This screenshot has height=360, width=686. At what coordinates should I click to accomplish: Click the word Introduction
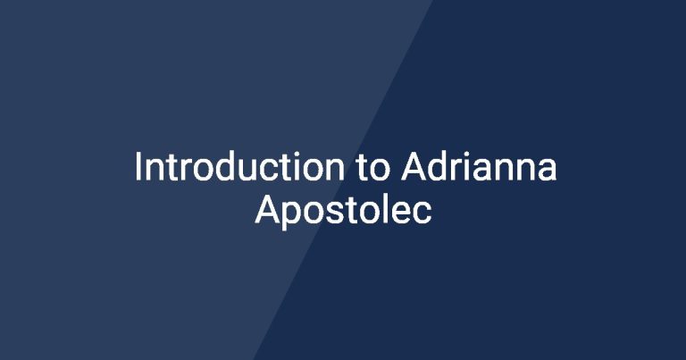pyautogui.click(x=239, y=166)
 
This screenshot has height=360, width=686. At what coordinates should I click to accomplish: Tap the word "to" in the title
pyautogui.click(x=372, y=169)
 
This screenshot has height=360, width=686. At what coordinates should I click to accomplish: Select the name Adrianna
pyautogui.click(x=479, y=166)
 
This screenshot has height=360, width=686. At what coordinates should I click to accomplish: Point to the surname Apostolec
pyautogui.click(x=343, y=211)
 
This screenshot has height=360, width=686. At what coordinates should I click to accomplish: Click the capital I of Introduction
pyautogui.click(x=138, y=166)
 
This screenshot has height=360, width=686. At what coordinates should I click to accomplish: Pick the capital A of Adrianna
pyautogui.click(x=414, y=166)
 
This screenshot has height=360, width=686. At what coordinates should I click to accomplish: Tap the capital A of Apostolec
pyautogui.click(x=267, y=210)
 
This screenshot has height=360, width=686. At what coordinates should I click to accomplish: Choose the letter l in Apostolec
pyautogui.click(x=386, y=209)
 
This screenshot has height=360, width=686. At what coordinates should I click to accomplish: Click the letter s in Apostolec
pyautogui.click(x=338, y=213)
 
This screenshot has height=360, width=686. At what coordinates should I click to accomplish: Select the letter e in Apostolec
pyautogui.click(x=402, y=213)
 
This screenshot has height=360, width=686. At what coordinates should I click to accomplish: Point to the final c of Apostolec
pyautogui.click(x=422, y=213)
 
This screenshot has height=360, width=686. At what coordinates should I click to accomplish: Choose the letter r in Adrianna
pyautogui.click(x=457, y=170)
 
